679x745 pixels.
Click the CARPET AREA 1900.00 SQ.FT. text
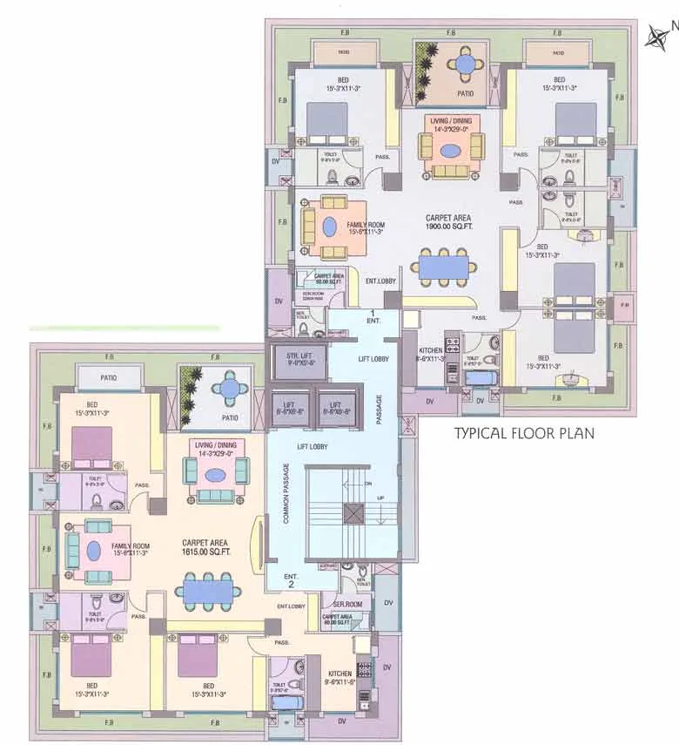(449, 222)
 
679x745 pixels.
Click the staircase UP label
(380, 498)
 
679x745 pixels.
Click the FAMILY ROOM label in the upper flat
(366, 228)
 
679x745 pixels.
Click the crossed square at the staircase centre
(353, 513)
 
